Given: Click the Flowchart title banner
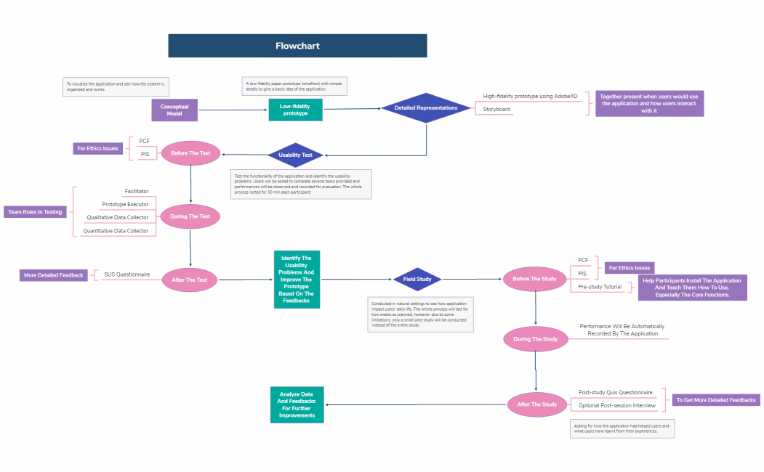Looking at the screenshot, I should coord(297,46).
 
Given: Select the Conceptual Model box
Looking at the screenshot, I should coord(174,110).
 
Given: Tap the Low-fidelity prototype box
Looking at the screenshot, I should coord(295,110).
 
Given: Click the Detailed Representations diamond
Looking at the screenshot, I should coord(426,108).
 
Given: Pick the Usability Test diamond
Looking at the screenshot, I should coord(296,155).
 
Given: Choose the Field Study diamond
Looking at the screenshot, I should coord(417,279).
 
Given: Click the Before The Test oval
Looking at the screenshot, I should coord(190,153).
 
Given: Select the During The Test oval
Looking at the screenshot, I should coord(190,216).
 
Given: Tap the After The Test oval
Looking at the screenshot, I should coord(190,280).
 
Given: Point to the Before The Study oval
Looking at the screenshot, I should coord(535,279).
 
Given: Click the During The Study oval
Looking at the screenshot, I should coord(535,339).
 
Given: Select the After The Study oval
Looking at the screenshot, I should coord(536,404).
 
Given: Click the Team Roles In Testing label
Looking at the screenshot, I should coord(35,212).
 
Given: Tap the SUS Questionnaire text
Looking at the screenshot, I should coord(127,274).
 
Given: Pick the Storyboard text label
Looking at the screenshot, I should coord(497,110).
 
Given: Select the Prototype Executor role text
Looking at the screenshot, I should coord(125,204).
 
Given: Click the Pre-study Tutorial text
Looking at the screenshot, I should coord(600,287).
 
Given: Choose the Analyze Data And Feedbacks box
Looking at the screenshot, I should coord(297,404).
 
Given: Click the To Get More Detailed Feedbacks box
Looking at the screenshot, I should coord(716,400).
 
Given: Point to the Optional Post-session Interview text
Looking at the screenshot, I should coord(614,405).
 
